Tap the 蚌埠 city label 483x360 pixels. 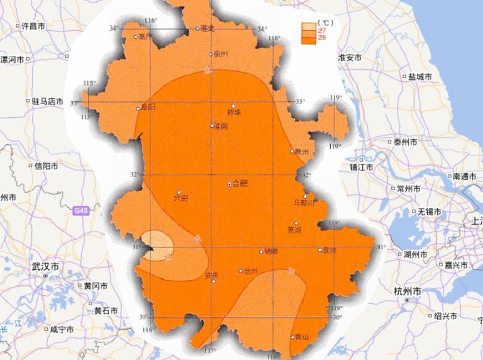(x=234, y=113)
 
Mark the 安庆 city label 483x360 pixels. (x=212, y=275)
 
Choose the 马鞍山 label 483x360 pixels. (x=304, y=203)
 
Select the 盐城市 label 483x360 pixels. (x=420, y=76)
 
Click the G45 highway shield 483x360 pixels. (x=80, y=211)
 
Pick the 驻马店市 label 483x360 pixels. (x=48, y=101)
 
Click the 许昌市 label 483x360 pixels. (x=33, y=26)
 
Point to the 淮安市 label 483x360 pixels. (x=349, y=57)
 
